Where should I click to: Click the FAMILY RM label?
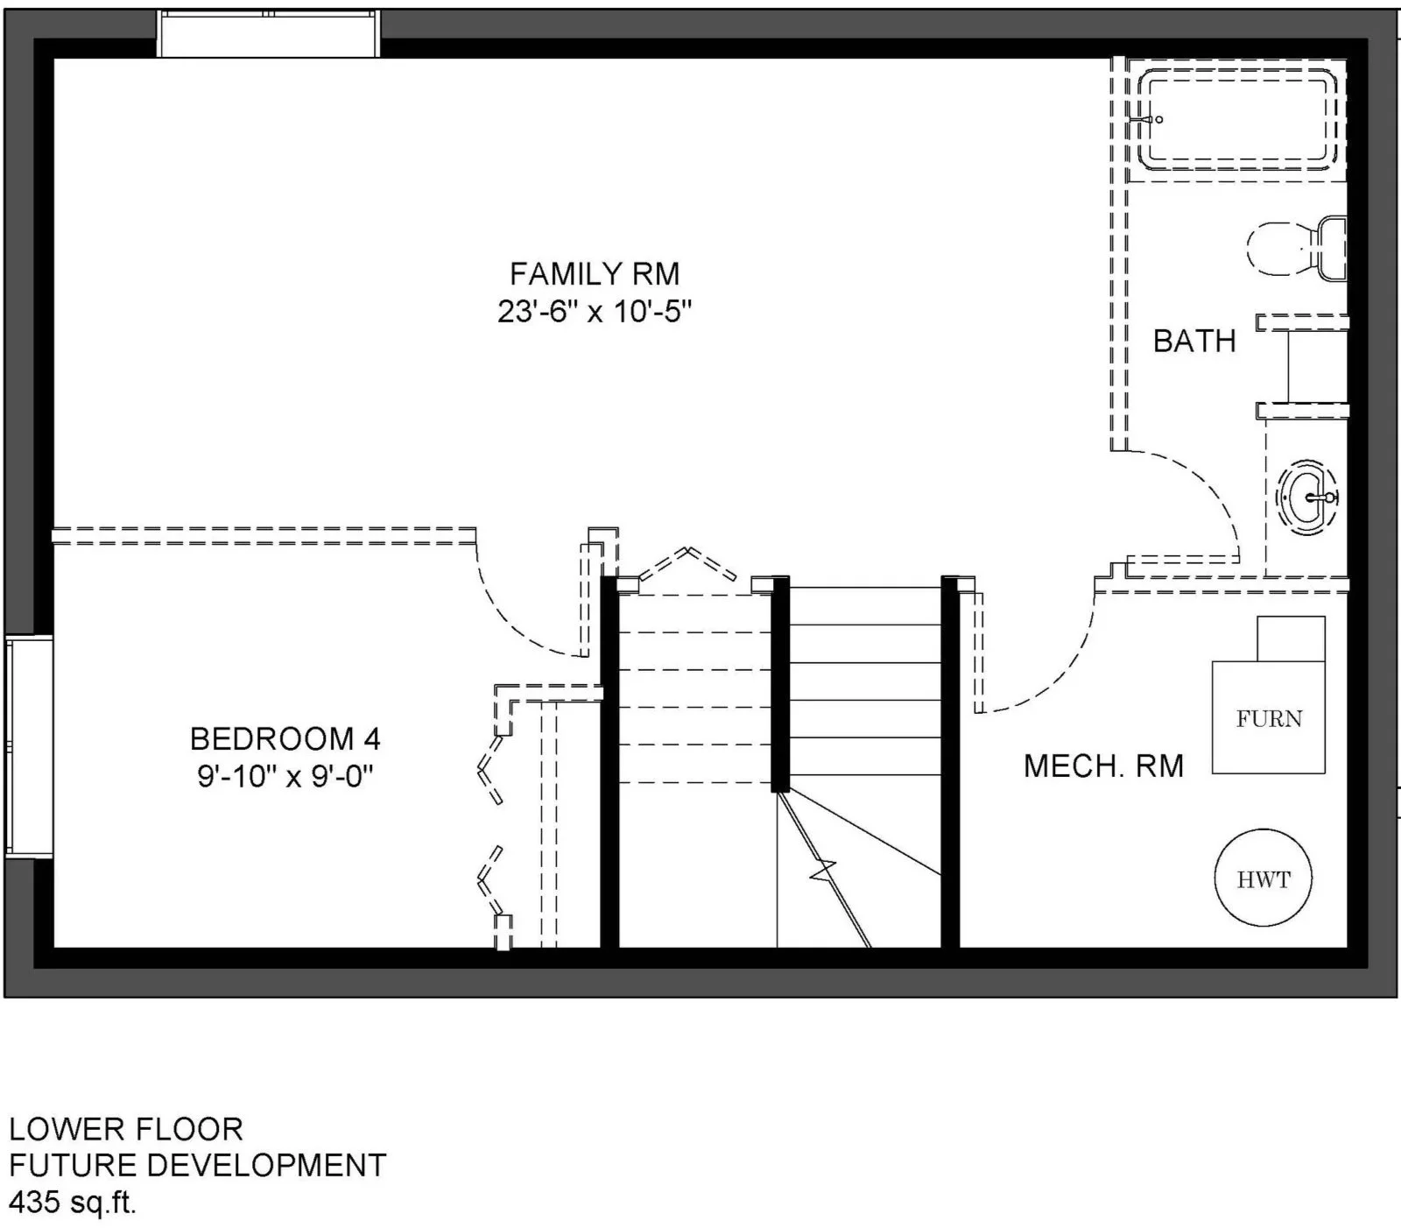click(x=595, y=274)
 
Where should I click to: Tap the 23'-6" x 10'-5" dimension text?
click(x=595, y=312)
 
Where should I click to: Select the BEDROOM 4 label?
click(x=285, y=739)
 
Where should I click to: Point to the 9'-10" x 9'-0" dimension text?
click(x=285, y=777)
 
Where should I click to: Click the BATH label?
click(x=1194, y=341)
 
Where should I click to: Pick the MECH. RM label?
click(x=1103, y=766)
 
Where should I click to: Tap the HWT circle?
click(x=1264, y=879)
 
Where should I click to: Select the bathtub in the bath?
click(x=1237, y=120)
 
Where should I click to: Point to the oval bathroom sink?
click(x=1307, y=498)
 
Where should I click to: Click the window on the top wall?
click(x=269, y=33)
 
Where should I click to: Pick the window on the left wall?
click(x=29, y=747)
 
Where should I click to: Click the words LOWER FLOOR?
click(x=126, y=1129)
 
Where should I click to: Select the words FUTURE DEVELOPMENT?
click(x=198, y=1166)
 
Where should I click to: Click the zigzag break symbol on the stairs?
click(x=823, y=872)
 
